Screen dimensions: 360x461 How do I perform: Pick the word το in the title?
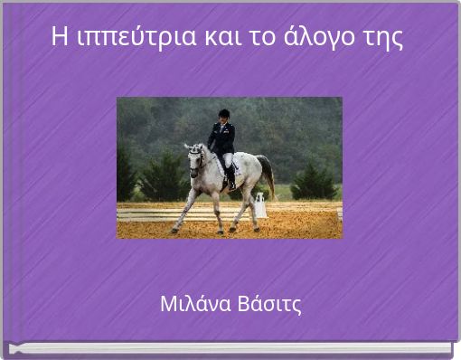coord(249,37)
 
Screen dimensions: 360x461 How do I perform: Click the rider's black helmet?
coord(224,113)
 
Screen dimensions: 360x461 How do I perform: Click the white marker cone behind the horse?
coord(260,206)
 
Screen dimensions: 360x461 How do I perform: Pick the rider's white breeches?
coord(229,161)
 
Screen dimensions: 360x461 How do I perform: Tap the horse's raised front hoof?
coord(173,230)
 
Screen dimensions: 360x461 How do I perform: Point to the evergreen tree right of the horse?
coord(313,182)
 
